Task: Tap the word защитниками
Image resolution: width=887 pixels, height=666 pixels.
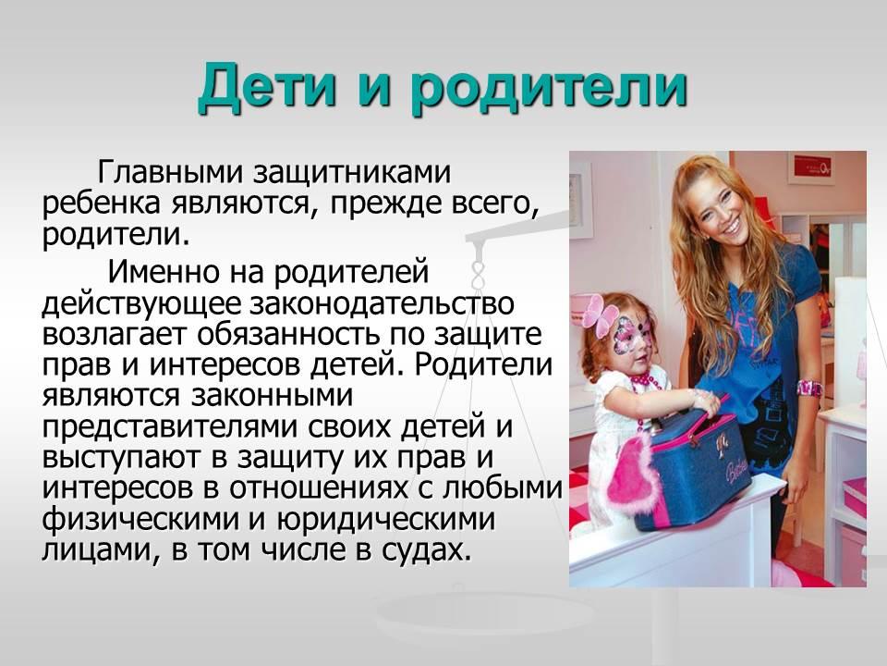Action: (x=351, y=174)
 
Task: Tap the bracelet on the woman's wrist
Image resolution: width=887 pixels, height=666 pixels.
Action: (x=809, y=388)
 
